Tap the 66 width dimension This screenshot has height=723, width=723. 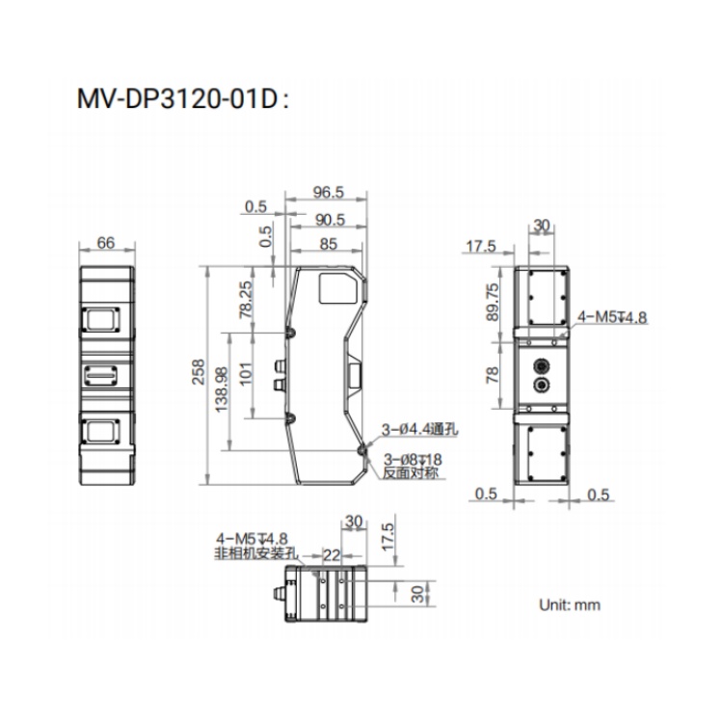coord(106,243)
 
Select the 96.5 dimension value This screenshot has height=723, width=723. coord(329,192)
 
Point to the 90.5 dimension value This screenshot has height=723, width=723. coord(330,220)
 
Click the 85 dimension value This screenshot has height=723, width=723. coord(329,244)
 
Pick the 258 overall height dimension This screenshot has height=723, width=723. coord(199,372)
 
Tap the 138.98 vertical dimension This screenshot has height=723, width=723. coord(222,389)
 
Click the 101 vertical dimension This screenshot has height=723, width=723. coord(246,373)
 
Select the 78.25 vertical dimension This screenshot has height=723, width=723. coord(246,300)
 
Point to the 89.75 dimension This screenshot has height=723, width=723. coord(493,302)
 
